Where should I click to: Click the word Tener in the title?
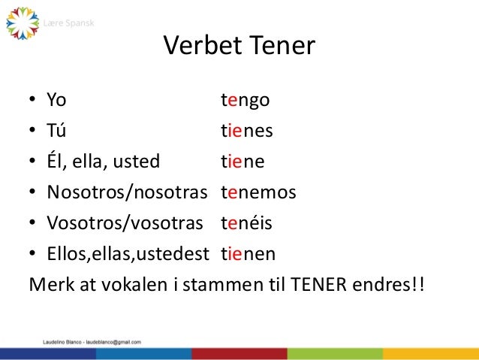pos(282,47)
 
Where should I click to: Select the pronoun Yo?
pos(56,100)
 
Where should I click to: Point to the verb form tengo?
pos(246,101)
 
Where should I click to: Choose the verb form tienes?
pos(246,132)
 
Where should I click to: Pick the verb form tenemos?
pos(258,193)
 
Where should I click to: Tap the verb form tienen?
pos(248,255)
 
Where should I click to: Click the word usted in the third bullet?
pos(141,162)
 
